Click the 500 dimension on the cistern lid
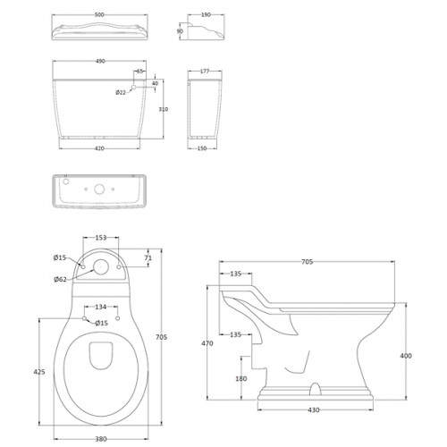[x=99, y=14]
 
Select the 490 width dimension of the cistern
[x=100, y=61]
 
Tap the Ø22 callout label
[x=121, y=92]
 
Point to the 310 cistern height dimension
[x=164, y=109]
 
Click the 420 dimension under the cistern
[x=99, y=148]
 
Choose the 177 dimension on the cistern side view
[x=205, y=72]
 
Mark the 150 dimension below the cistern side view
[x=202, y=148]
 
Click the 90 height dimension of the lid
[x=180, y=31]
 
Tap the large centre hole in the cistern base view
[x=99, y=189]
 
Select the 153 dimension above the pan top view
[x=101, y=238]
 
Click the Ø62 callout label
[x=60, y=279]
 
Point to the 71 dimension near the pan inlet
[x=148, y=258]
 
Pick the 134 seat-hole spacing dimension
[x=101, y=307]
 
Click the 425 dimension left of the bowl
[x=39, y=372]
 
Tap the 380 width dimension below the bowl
[x=101, y=439]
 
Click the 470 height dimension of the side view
[x=207, y=343]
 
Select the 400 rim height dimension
[x=406, y=356]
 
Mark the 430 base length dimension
[x=314, y=410]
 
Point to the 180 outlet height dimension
[x=241, y=378]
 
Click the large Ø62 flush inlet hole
[x=100, y=266]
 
